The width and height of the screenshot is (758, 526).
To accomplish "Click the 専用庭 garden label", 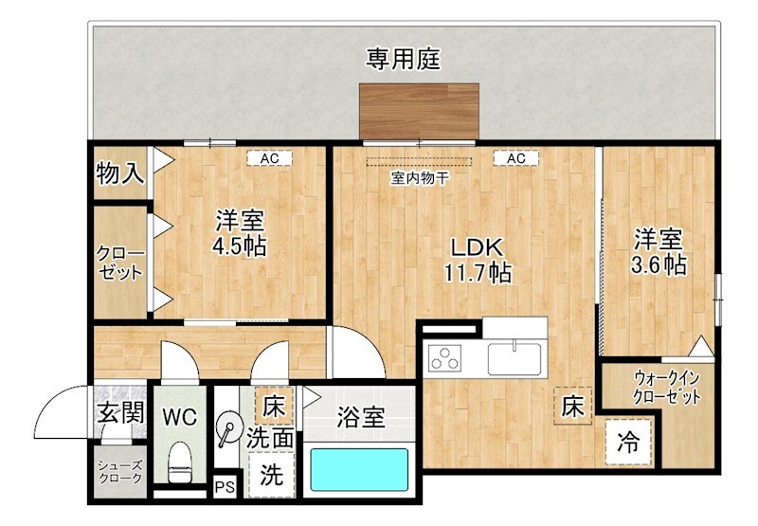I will (405, 60).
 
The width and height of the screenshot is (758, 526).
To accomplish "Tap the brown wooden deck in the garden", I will (420, 111).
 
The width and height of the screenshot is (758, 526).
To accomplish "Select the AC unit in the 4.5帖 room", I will (269, 158).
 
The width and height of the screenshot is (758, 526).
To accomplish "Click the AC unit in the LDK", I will (515, 158).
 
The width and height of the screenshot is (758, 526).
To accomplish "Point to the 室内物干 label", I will (419, 177).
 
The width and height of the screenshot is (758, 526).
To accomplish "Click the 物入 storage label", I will (119, 173).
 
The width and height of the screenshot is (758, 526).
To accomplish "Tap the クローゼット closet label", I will (119, 263).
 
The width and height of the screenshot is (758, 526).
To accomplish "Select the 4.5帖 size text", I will (239, 246).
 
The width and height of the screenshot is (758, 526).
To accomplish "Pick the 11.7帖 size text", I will (478, 274).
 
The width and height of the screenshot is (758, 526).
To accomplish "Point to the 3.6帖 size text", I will (659, 264).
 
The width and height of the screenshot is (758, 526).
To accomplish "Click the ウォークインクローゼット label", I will (667, 386).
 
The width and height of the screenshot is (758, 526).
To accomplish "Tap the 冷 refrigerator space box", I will (628, 442).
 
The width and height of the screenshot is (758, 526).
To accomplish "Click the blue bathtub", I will (360, 470).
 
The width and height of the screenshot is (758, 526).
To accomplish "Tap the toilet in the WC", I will (178, 467).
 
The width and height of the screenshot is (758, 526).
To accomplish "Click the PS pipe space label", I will (225, 486).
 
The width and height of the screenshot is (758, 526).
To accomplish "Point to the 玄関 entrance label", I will (120, 413).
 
